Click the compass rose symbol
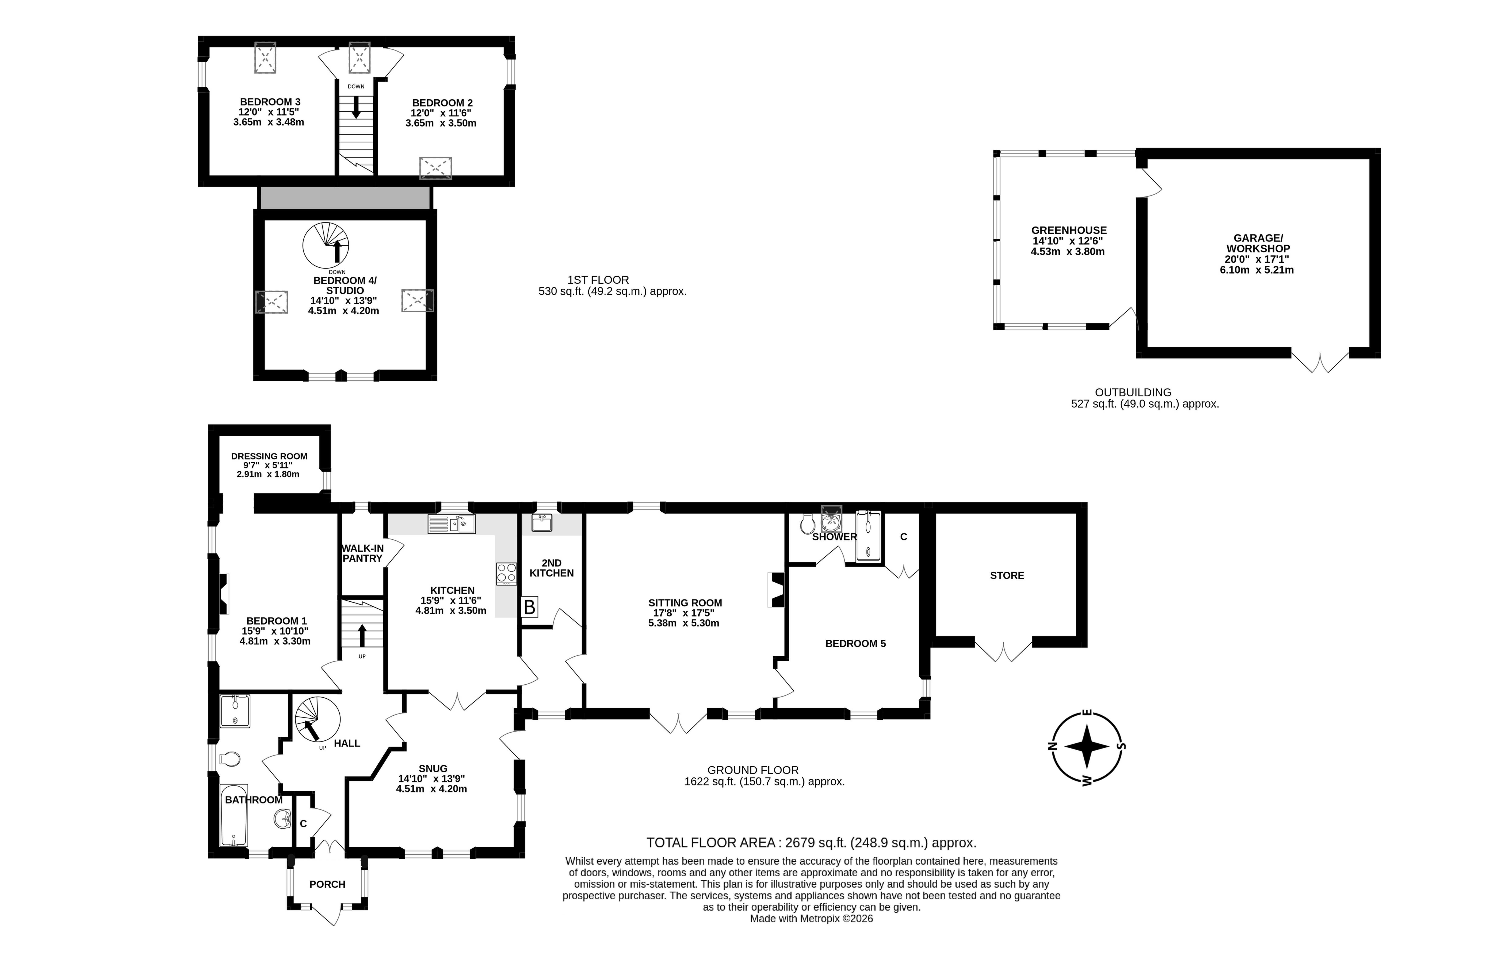click(1087, 747)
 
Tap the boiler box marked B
click(529, 607)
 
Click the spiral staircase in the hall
click(318, 720)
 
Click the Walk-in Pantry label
click(363, 553)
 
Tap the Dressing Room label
click(270, 456)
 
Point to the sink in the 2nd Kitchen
click(541, 522)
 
